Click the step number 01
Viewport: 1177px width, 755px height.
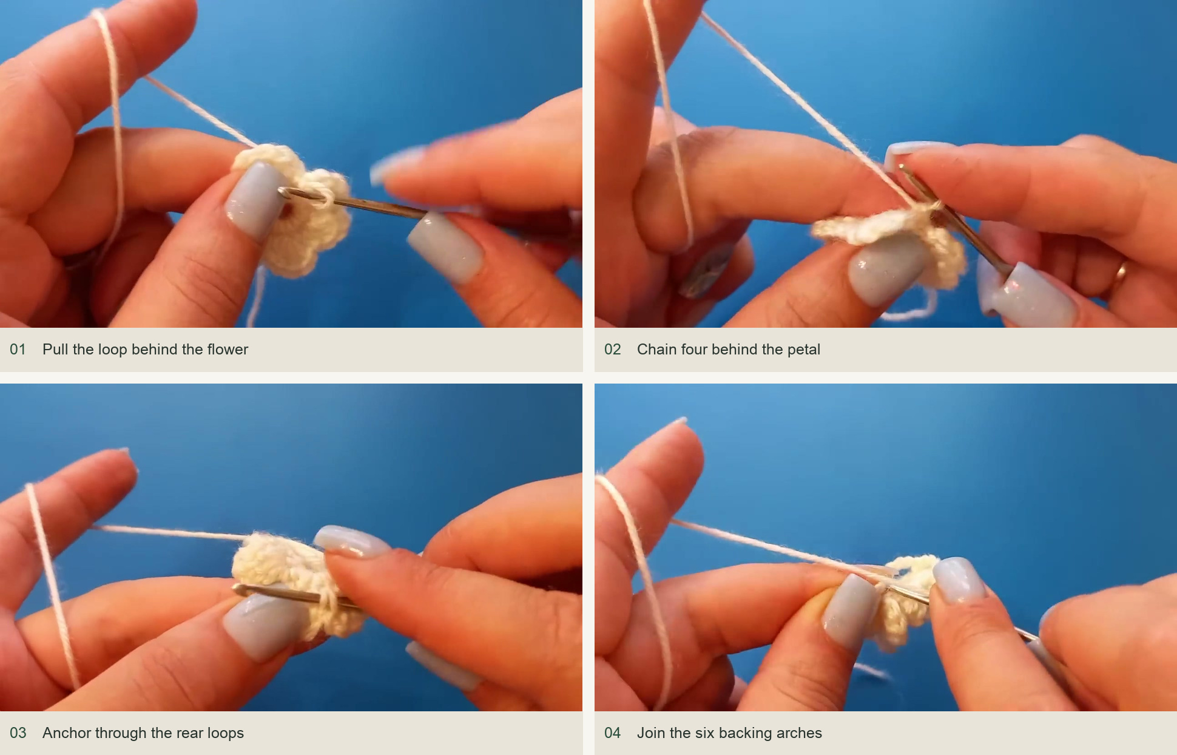coord(18,350)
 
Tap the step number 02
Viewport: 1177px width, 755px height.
coord(613,350)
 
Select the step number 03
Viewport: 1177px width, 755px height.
coord(18,733)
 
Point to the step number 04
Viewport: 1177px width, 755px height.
coord(613,733)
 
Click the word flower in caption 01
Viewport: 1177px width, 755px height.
coord(228,350)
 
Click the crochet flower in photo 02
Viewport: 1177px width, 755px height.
coord(889,240)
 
